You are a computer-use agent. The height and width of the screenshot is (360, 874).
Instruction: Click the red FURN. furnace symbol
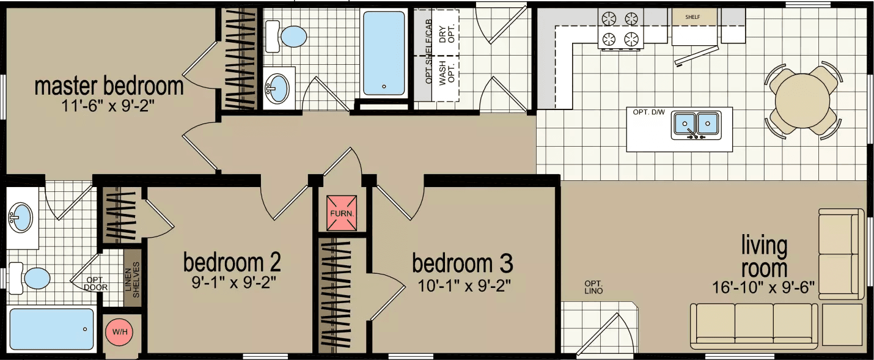click(340, 214)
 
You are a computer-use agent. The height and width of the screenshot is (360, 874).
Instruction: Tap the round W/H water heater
click(119, 332)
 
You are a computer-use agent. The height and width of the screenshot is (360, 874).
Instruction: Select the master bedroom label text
click(109, 87)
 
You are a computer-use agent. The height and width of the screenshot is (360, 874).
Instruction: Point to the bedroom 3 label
click(462, 264)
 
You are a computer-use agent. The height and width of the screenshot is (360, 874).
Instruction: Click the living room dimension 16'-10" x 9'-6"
click(763, 287)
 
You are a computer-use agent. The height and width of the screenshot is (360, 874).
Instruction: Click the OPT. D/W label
click(648, 112)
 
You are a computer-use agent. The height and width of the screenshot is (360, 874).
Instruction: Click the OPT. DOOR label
click(95, 284)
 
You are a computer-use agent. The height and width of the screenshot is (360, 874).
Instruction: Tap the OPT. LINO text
click(593, 287)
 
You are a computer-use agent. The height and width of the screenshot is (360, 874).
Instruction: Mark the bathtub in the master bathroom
click(52, 329)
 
